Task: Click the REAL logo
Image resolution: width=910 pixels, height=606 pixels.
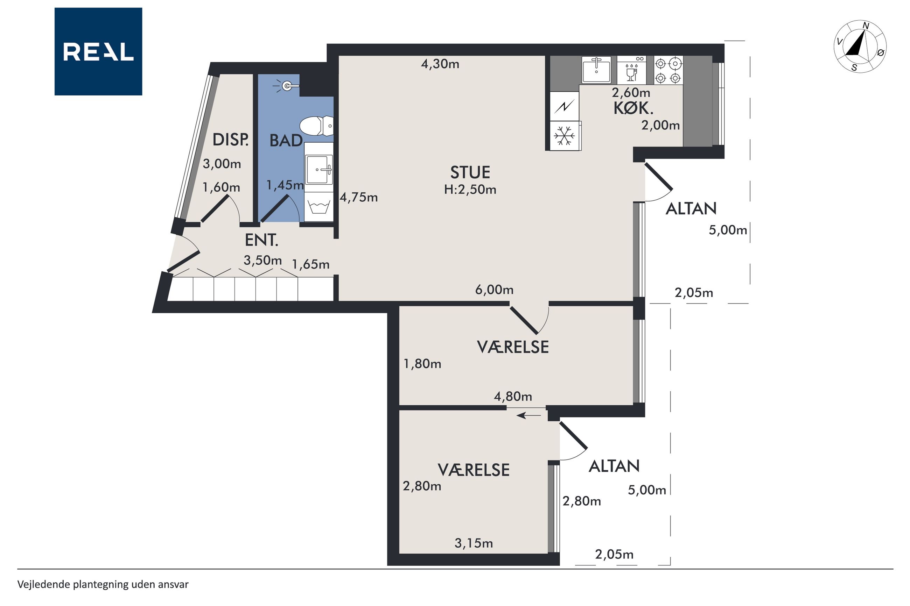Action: (x=98, y=51)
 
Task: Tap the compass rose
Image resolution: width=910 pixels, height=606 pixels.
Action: (x=860, y=47)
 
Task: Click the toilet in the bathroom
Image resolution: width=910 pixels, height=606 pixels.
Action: (x=316, y=126)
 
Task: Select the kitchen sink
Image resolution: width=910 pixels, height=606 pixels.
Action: (x=596, y=70)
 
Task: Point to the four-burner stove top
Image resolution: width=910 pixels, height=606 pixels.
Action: (x=668, y=70)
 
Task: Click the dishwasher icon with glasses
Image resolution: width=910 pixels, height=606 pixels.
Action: (x=631, y=70)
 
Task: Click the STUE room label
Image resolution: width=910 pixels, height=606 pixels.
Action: (x=470, y=172)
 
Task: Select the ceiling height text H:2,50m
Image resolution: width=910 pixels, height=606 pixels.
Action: (x=470, y=190)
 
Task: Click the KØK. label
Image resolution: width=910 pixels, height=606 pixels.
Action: (x=633, y=109)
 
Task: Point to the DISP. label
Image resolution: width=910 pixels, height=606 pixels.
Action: (x=231, y=140)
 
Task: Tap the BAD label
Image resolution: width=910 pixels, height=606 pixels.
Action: (x=286, y=141)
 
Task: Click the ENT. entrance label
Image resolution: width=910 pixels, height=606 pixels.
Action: (x=261, y=240)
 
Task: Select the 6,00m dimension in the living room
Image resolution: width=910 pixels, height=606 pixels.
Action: (x=494, y=290)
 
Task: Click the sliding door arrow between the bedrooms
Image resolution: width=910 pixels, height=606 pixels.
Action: (x=529, y=416)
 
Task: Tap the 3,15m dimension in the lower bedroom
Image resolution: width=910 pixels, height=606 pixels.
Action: (x=474, y=543)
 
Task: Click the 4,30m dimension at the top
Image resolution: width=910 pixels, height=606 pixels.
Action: (x=440, y=64)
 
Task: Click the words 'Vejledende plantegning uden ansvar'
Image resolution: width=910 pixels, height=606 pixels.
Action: (x=103, y=584)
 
